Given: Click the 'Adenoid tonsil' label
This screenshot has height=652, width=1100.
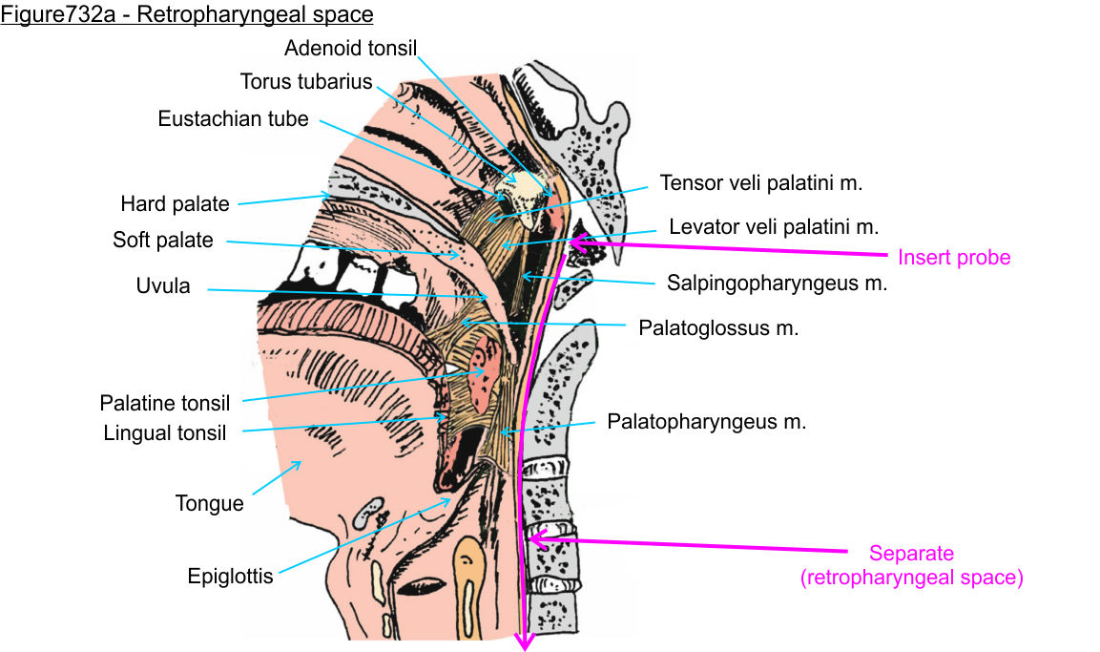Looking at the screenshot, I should (350, 48).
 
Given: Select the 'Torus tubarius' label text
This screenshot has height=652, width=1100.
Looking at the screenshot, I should (306, 81).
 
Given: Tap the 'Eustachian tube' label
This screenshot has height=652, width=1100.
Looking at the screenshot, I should (234, 119).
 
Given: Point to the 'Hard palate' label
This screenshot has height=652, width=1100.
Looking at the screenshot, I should (175, 203).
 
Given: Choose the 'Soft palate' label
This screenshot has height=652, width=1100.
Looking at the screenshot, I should (163, 240).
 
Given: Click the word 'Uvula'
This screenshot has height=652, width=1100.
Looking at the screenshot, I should (164, 286).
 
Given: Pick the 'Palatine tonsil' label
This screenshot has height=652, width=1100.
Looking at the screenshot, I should (165, 404).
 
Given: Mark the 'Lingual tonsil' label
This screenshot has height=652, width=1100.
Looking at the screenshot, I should (165, 433).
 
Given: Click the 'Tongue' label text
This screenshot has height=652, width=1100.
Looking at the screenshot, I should (209, 503).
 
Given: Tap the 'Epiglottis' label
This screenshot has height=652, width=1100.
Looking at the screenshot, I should (230, 577).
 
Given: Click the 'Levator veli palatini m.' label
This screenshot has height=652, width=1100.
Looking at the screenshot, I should (774, 227).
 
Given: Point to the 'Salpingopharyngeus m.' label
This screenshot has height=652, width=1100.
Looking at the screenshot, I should (778, 283).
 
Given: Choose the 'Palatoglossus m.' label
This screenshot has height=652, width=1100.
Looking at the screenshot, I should (718, 327).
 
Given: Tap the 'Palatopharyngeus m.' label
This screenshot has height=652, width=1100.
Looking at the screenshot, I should (707, 420).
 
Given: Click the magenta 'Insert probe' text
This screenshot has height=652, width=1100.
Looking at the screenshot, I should (954, 257).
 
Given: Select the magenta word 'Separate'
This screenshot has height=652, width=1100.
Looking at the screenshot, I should (911, 554).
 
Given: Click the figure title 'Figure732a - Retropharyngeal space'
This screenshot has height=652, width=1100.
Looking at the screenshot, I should (187, 14).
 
